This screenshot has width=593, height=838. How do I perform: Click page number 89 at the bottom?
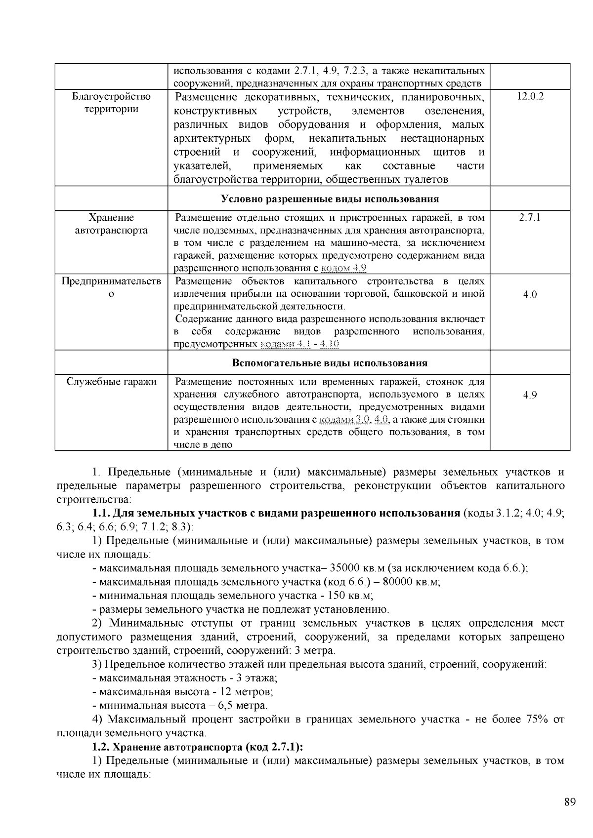coord(570,802)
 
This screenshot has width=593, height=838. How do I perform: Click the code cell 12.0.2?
coord(530,97)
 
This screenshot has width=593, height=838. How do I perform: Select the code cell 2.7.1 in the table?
coord(530,218)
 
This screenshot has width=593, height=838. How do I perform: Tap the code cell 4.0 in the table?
coord(530,295)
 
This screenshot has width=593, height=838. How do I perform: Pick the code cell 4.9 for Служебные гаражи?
coord(530,395)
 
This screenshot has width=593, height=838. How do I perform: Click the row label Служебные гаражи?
coord(111,382)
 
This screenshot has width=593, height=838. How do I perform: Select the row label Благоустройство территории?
coord(111,103)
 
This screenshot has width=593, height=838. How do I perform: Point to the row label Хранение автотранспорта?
coord(111,224)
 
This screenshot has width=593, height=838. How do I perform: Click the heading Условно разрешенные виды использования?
coord(330,199)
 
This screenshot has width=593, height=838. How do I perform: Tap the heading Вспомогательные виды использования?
coord(330,363)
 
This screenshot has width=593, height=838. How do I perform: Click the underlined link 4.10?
coord(330,344)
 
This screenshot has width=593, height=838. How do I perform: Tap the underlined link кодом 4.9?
coord(343,269)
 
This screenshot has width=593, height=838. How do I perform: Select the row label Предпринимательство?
coord(111,287)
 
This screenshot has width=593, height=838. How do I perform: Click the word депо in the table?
coord(221,445)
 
